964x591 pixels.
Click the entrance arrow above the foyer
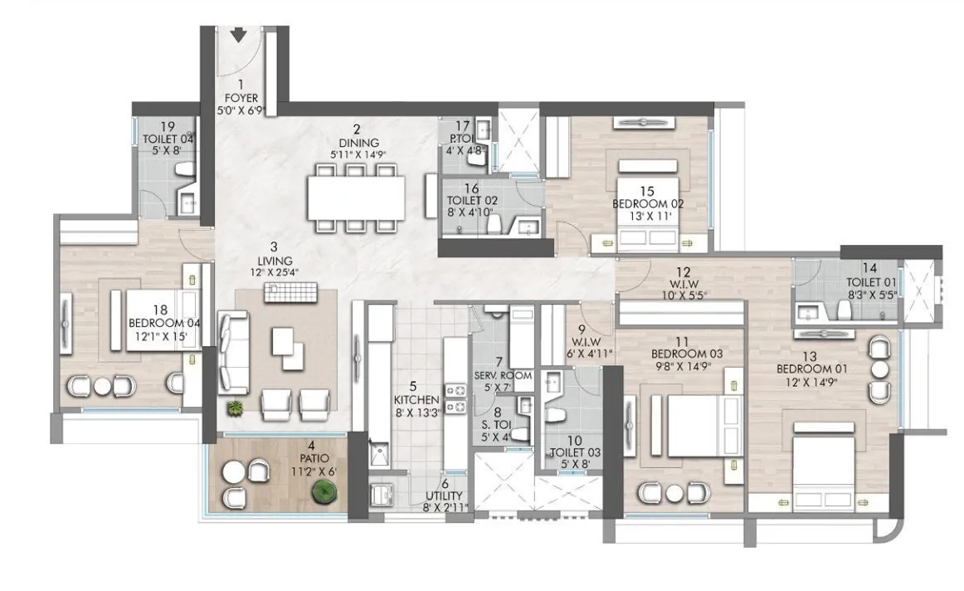[239, 35]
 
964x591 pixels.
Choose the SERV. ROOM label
[503, 375]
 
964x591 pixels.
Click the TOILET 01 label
[868, 281]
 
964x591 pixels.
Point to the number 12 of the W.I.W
[683, 271]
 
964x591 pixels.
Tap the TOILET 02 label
[471, 201]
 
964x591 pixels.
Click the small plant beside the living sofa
[236, 408]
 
